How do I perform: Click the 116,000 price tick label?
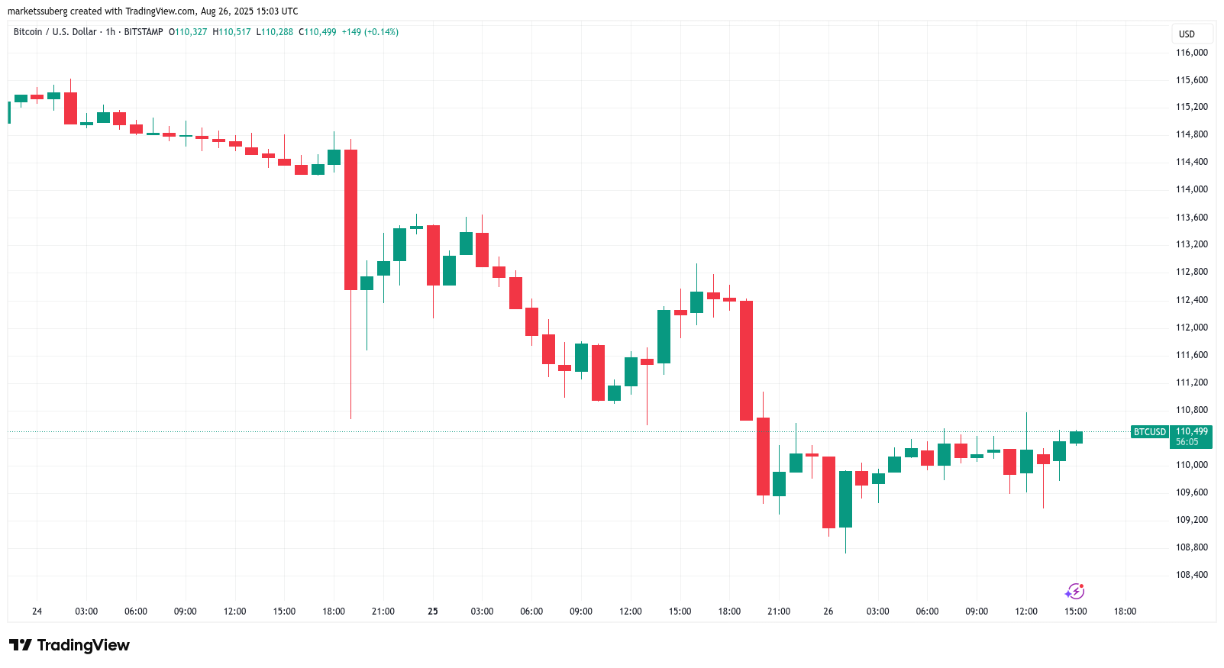[x=1191, y=53]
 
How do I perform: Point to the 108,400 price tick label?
[x=1191, y=575]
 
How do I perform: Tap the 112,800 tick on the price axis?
[x=1191, y=272]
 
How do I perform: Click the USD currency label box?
[x=1187, y=34]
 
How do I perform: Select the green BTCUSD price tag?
[x=1149, y=432]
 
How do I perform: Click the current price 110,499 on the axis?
[x=1192, y=431]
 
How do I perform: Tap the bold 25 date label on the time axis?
[x=433, y=612]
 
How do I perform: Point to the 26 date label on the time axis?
[x=828, y=612]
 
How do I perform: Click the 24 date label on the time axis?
[x=37, y=612]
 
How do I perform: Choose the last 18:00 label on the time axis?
[x=1125, y=612]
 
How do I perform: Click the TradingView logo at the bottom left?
[x=69, y=645]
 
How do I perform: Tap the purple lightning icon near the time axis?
[x=1075, y=592]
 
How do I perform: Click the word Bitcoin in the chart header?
[x=28, y=32]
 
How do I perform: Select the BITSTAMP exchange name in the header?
[x=144, y=32]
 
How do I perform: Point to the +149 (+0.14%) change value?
[x=370, y=32]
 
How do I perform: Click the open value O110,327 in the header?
[x=188, y=32]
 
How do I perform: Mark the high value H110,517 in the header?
[x=231, y=32]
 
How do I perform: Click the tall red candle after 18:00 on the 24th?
[x=350, y=220]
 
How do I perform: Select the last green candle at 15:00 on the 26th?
[x=1076, y=437]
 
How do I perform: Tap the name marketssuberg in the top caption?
[x=37, y=11]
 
